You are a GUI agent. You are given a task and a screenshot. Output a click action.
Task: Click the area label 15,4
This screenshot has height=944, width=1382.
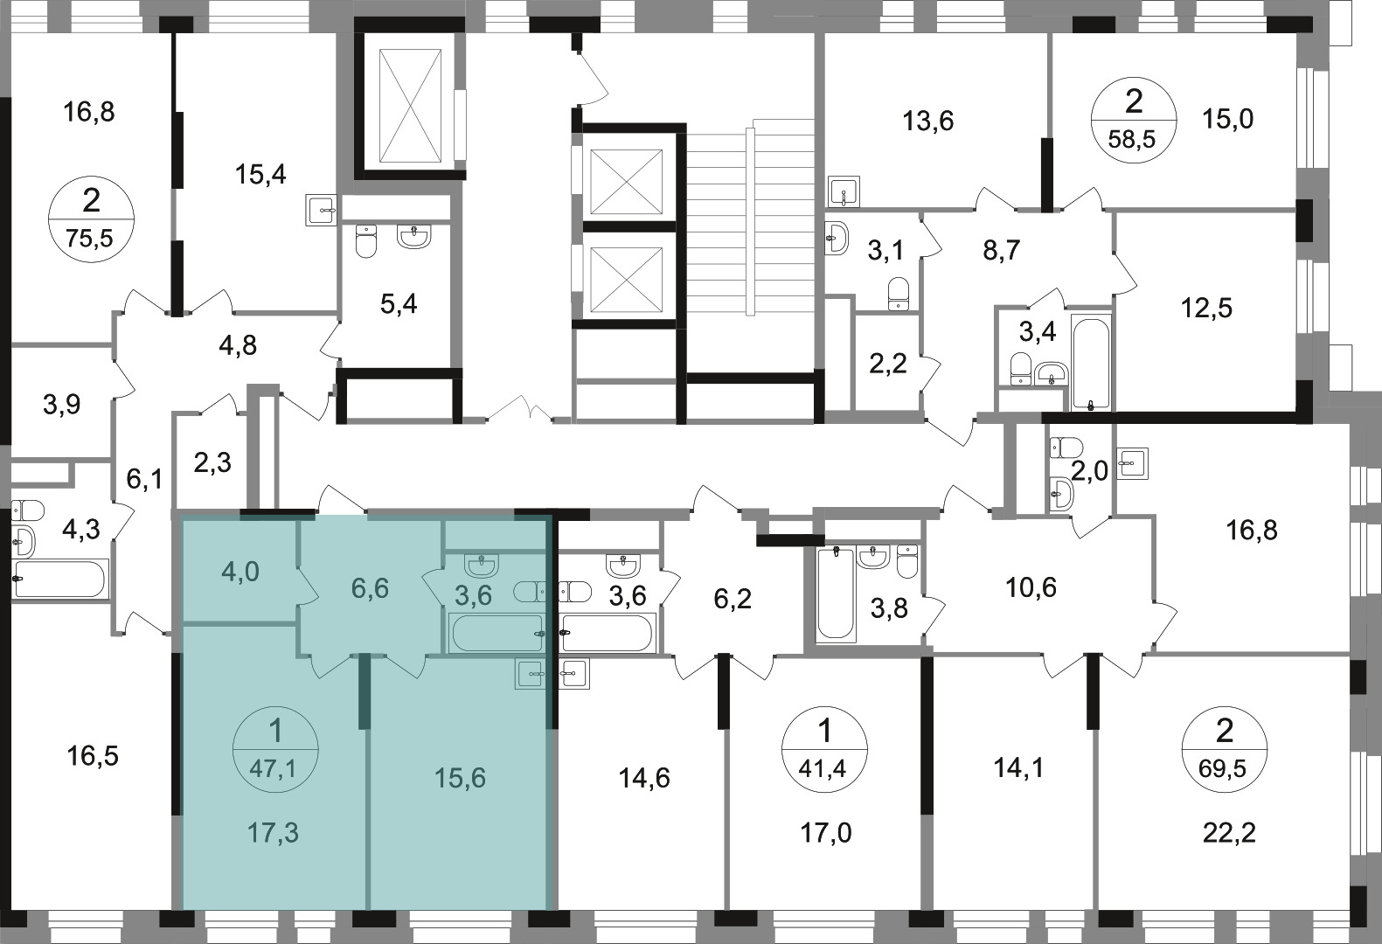click(x=260, y=175)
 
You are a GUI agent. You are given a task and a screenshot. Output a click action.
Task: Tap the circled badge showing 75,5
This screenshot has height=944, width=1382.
click(x=91, y=219)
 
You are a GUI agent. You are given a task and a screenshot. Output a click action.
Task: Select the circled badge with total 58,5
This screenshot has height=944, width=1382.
click(x=1134, y=120)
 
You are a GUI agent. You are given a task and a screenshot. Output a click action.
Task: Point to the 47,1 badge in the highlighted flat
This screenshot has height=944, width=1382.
click(x=275, y=749)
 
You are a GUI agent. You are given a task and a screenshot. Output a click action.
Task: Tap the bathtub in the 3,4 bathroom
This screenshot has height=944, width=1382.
click(x=1091, y=362)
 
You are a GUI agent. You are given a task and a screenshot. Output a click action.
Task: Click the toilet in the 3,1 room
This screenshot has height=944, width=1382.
click(x=899, y=294)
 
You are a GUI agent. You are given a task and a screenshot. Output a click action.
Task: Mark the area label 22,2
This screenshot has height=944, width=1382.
click(x=1229, y=834)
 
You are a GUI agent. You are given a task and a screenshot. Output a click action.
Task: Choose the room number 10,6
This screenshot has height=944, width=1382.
click(x=1031, y=587)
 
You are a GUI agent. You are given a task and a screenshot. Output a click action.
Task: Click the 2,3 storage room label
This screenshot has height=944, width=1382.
click(x=212, y=462)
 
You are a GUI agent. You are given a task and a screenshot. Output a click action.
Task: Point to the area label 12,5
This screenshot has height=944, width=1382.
click(x=1206, y=308)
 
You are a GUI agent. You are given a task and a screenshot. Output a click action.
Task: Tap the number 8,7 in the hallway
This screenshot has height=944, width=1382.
click(x=1002, y=251)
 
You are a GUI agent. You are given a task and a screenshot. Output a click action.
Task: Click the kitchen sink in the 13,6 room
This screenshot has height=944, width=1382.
click(x=844, y=192)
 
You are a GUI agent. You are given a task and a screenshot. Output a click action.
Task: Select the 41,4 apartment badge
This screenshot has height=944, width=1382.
click(x=824, y=749)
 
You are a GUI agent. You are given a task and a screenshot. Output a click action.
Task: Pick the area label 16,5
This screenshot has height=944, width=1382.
click(x=93, y=756)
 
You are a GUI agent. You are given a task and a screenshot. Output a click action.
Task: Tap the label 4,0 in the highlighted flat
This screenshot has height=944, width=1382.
click(x=240, y=572)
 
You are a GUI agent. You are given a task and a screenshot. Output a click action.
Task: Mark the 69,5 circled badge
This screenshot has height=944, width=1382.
click(x=1224, y=749)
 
